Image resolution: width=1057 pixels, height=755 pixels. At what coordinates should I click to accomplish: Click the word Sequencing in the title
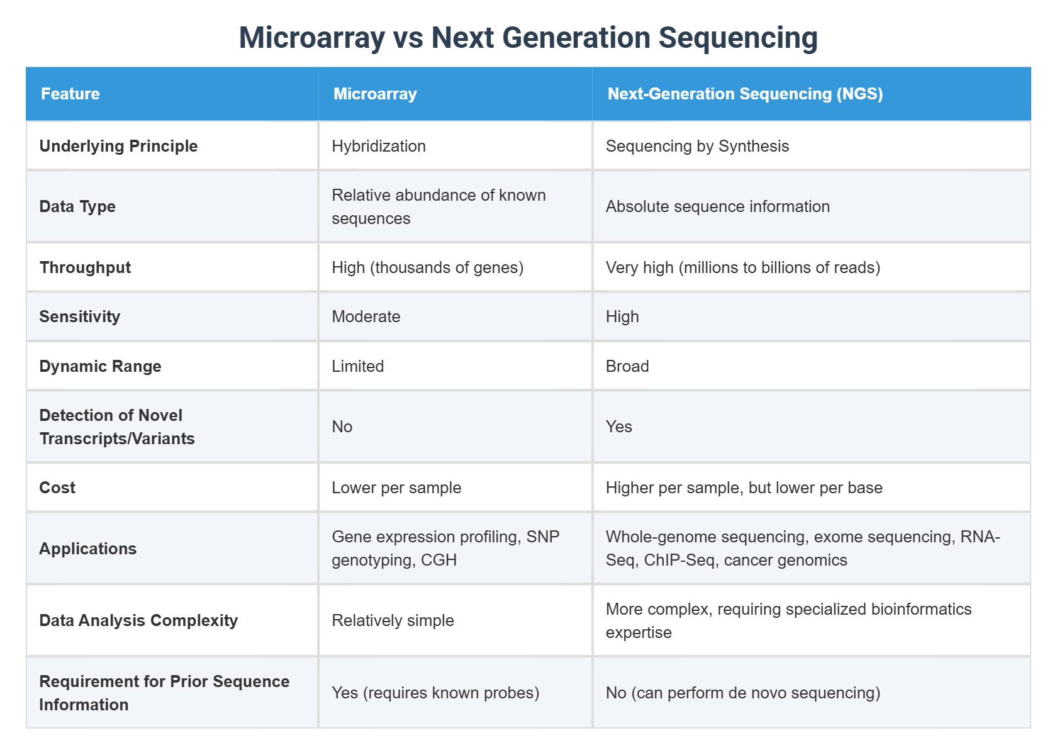click(x=738, y=38)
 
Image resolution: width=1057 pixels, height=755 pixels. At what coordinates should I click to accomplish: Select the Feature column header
click(x=70, y=94)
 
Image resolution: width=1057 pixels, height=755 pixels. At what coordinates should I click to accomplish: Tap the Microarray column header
click(x=375, y=94)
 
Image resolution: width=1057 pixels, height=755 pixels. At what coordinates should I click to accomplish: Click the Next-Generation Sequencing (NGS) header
click(x=745, y=94)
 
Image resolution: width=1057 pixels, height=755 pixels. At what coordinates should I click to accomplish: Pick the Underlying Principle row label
click(x=118, y=146)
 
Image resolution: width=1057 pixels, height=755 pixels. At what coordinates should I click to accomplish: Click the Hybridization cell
click(x=379, y=146)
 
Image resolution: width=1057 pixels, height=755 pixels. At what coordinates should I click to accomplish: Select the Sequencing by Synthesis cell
click(x=697, y=146)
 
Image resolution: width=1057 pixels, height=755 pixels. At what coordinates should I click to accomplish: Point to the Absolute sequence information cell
click(x=717, y=206)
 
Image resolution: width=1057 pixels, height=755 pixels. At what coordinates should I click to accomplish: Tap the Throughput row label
click(x=85, y=267)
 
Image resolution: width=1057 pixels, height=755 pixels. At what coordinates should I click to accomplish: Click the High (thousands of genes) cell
click(x=427, y=267)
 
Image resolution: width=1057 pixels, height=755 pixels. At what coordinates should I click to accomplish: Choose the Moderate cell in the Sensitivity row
click(x=366, y=316)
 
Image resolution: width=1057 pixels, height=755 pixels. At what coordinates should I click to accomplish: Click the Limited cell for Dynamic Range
click(x=357, y=366)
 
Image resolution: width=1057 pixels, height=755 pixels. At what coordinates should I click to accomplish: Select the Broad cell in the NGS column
click(x=627, y=366)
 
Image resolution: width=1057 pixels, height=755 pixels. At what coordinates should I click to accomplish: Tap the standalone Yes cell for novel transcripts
click(x=618, y=427)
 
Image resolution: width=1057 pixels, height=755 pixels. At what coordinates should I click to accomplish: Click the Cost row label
click(x=57, y=488)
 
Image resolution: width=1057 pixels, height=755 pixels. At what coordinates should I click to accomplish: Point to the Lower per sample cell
click(x=396, y=488)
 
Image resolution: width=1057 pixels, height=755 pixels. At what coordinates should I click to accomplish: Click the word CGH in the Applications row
click(x=439, y=560)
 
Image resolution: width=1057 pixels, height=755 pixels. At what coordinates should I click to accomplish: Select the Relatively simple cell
click(x=393, y=620)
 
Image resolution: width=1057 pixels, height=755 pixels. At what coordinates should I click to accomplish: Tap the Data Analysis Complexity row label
click(x=138, y=620)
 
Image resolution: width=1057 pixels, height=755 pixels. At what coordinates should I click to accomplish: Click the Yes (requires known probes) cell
click(x=435, y=693)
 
